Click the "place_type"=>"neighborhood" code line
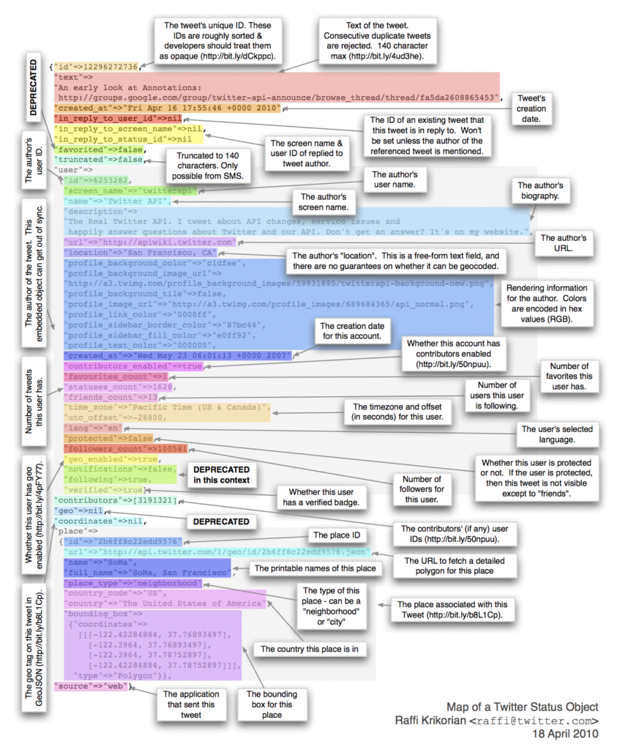[x=132, y=583]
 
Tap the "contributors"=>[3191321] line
[x=117, y=500]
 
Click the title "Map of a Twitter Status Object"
[x=523, y=707]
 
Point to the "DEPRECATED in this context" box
[x=221, y=475]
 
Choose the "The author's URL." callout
[x=563, y=243]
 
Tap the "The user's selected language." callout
[x=557, y=434]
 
